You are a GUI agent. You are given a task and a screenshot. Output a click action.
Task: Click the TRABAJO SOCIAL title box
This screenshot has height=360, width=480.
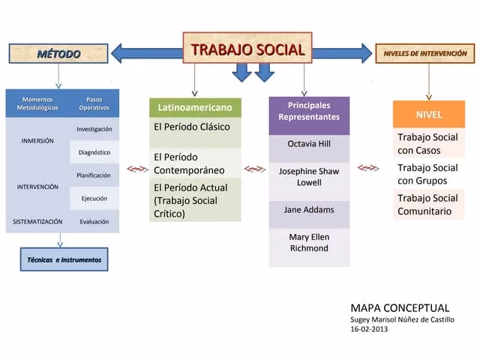coord(247,50)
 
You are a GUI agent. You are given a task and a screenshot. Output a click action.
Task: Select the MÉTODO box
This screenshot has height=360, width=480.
coord(59,54)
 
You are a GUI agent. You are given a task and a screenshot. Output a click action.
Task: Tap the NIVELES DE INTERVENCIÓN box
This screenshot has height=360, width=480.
coord(424,54)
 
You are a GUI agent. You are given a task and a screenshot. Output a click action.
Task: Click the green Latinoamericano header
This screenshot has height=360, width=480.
coord(195,108)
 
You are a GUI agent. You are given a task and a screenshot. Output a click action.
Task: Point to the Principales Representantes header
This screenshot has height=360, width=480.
coord(309,111)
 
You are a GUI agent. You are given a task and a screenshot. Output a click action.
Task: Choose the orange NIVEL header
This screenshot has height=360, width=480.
coord(429,115)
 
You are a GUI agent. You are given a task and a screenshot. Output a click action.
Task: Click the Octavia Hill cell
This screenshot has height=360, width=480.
coord(309,144)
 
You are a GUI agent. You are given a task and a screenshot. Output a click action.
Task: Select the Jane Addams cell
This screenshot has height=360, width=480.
coord(309,210)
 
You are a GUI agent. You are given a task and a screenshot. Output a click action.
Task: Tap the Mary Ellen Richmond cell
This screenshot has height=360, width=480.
coord(309,243)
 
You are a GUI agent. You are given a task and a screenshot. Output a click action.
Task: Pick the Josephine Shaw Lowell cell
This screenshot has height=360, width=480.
coord(309,177)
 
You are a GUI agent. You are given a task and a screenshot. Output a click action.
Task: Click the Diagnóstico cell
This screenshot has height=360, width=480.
coord(94,152)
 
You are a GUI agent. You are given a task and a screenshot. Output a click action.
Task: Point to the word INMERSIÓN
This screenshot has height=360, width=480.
coord(37,141)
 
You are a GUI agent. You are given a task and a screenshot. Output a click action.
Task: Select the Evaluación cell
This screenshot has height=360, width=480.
coord(94,222)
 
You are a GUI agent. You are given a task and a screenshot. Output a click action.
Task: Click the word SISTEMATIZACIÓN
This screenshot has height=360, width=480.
coord(37,222)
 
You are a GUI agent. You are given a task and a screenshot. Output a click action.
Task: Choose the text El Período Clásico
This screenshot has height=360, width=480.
coord(192,127)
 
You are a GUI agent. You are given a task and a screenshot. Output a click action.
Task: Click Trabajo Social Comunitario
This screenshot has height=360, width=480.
coord(427,205)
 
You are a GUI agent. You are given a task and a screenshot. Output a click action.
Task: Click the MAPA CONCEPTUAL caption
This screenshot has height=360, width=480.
coord(400,308)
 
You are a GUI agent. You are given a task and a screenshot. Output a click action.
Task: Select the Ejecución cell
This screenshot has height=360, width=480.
coord(94,199)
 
